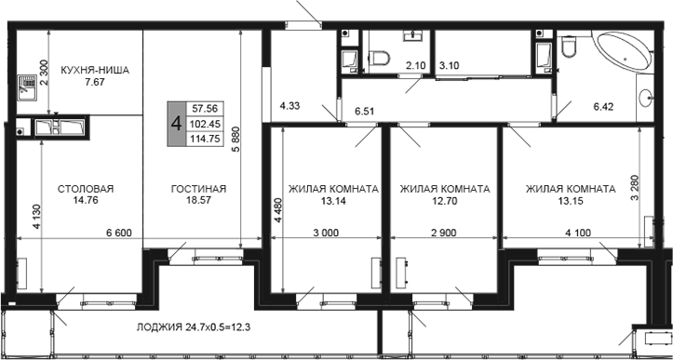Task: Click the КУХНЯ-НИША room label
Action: click(x=94, y=70)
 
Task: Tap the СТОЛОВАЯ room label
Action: click(x=86, y=189)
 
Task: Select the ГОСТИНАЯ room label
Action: click(x=198, y=189)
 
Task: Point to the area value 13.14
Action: click(x=333, y=200)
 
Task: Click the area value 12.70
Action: click(x=445, y=200)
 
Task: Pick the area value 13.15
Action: click(x=571, y=200)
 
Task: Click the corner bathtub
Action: click(x=626, y=52)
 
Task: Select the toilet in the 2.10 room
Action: click(x=379, y=58)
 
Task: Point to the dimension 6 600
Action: click(x=119, y=233)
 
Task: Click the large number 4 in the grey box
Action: click(x=177, y=124)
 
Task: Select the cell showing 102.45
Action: click(x=205, y=124)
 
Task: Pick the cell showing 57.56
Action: click(x=205, y=109)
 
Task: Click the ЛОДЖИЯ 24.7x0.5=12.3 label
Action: click(x=194, y=327)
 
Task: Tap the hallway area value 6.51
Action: click(x=364, y=112)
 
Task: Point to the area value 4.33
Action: click(x=290, y=105)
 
